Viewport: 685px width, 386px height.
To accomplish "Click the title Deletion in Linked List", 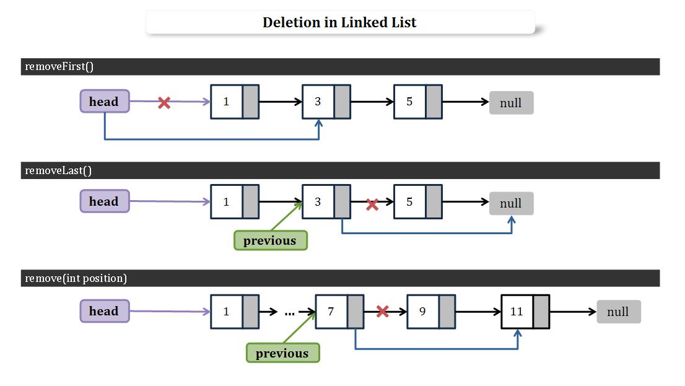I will point(339,22).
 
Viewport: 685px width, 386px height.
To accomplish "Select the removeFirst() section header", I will point(59,66).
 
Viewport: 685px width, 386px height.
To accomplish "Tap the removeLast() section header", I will point(58,170).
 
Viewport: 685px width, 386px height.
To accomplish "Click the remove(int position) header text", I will point(76,278).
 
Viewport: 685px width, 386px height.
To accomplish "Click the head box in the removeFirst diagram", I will point(104,102).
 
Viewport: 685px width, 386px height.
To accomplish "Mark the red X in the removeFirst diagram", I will point(164,103).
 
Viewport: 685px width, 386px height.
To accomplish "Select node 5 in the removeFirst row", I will point(417,102).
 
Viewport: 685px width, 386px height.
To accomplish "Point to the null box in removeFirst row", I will point(511,103).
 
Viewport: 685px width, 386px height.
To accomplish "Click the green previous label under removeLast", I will point(270,240).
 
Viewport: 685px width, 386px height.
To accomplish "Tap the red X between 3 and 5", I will point(372,204).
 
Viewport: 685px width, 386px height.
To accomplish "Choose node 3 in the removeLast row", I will point(326,202).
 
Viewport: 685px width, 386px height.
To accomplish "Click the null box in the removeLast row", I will point(511,203).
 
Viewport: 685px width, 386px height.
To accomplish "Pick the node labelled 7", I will point(339,311).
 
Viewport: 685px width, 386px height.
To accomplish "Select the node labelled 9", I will point(430,311).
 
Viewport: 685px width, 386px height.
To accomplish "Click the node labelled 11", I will point(525,311).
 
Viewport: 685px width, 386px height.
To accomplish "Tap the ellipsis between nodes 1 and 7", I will point(289,313).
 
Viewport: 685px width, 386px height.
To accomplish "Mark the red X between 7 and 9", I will point(383,311).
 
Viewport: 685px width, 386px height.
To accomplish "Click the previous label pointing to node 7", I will point(282,353).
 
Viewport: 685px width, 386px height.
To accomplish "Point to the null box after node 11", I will point(618,312).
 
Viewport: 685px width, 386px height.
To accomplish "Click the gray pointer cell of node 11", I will point(541,311).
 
